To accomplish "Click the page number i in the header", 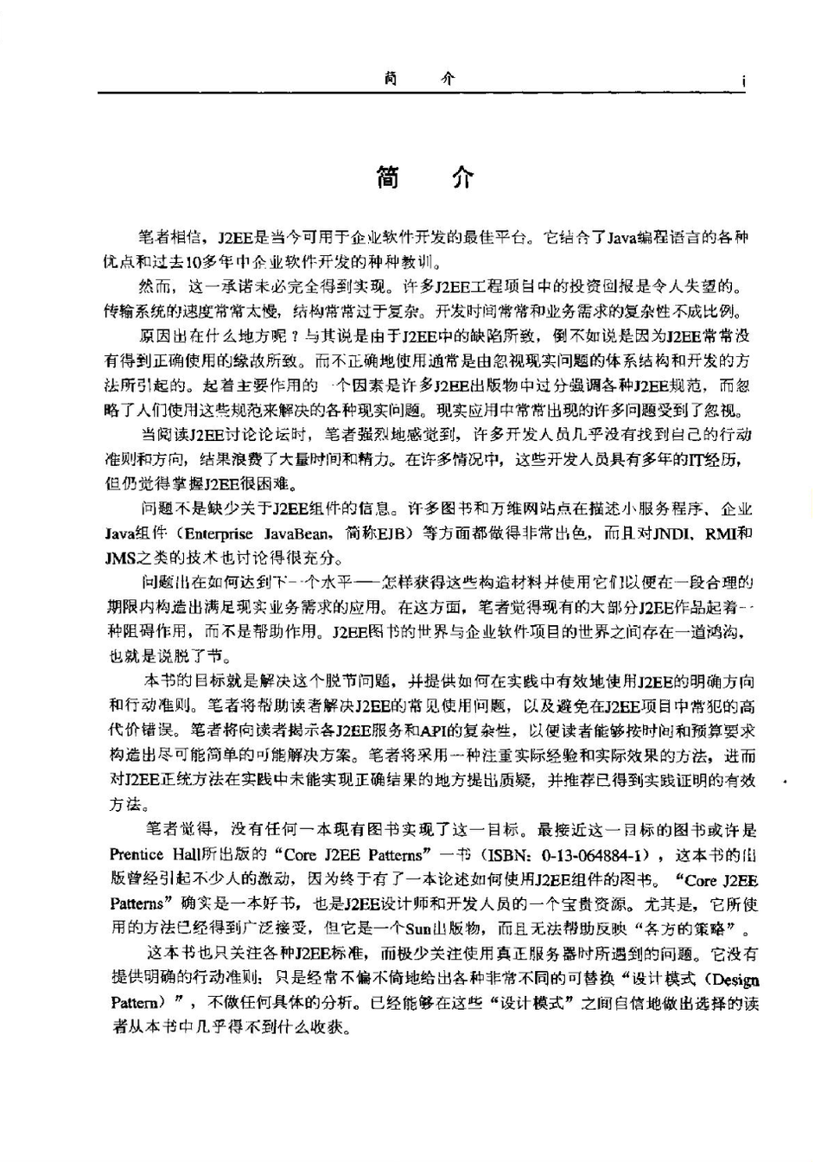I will pyautogui.click(x=743, y=82).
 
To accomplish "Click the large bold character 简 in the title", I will pyautogui.click(x=387, y=176).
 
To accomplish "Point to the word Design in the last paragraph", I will pyautogui.click(x=737, y=980).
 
